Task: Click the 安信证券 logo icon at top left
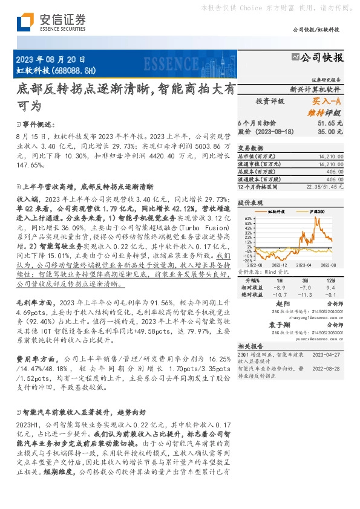tap(25, 22)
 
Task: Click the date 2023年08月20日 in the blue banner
tap(48, 59)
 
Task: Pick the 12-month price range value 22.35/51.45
tap(326, 187)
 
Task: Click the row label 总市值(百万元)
tap(257, 156)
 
